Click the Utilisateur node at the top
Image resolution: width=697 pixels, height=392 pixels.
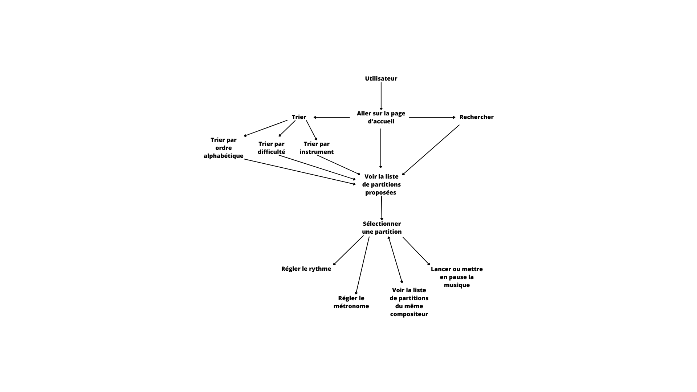click(x=381, y=78)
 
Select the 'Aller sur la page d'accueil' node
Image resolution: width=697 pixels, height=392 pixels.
click(x=381, y=117)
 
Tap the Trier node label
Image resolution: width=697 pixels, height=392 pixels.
click(x=299, y=117)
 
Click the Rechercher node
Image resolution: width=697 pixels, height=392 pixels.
click(x=476, y=117)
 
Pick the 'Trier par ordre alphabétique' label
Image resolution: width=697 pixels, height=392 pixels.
click(x=224, y=148)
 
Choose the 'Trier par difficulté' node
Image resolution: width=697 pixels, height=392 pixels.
click(x=272, y=148)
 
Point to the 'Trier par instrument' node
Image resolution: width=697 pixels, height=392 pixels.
click(x=317, y=148)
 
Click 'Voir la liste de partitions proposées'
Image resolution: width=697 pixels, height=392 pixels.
click(x=381, y=184)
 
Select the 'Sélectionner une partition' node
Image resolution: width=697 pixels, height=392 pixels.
click(x=382, y=228)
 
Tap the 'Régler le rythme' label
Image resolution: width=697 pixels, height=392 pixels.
click(x=306, y=269)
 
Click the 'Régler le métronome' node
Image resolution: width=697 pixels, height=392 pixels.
click(x=351, y=302)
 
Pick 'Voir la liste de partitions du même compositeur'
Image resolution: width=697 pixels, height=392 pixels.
click(x=409, y=302)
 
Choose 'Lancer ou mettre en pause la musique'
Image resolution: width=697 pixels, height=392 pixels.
click(x=457, y=277)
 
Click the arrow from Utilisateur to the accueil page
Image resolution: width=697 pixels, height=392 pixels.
click(x=381, y=96)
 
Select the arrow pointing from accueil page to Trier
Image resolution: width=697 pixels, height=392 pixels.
click(x=331, y=117)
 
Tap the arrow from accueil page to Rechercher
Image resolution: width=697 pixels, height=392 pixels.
click(x=432, y=117)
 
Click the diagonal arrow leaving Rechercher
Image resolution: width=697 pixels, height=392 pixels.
click(x=431, y=150)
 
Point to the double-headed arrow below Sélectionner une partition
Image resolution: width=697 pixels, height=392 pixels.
click(x=395, y=260)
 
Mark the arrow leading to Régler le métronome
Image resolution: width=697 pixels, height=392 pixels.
click(x=363, y=266)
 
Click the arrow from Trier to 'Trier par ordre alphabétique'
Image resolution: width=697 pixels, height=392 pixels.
click(x=265, y=128)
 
